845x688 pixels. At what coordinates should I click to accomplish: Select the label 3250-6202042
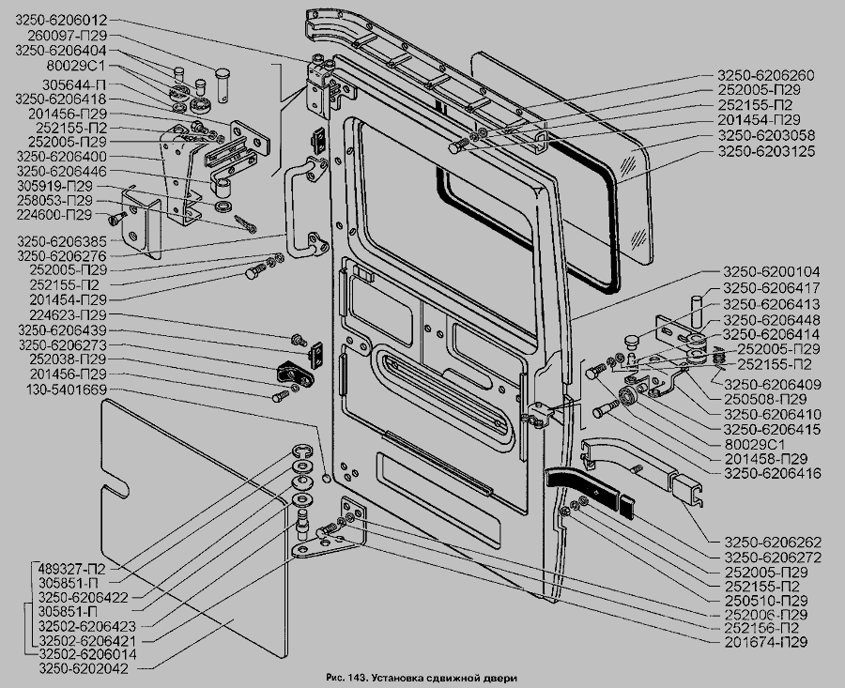pos(83,668)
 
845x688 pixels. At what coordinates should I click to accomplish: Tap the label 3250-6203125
pos(766,150)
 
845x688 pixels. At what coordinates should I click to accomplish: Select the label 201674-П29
pos(767,642)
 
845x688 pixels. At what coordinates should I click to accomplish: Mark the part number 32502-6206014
pos(84,654)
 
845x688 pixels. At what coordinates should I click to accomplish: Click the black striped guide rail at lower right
pos(587,488)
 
